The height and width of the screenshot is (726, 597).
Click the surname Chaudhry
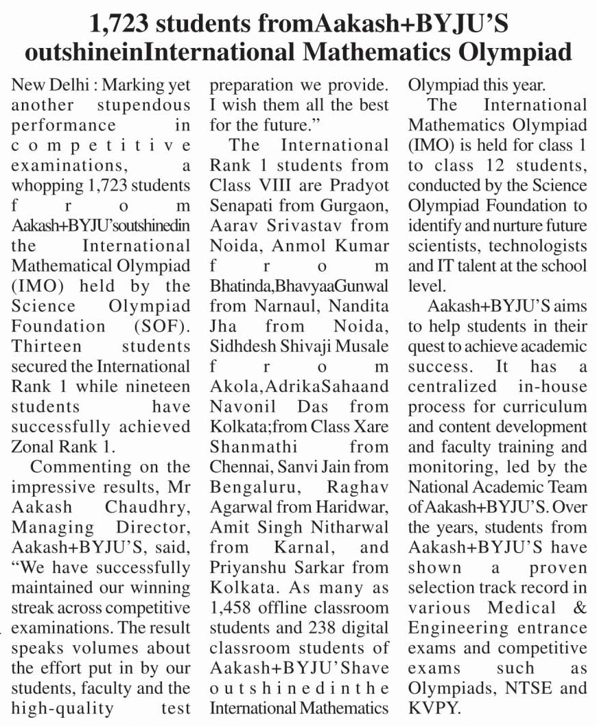tap(143, 506)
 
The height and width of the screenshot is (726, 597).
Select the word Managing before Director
tap(52, 526)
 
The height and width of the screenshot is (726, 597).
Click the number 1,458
tap(233, 607)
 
